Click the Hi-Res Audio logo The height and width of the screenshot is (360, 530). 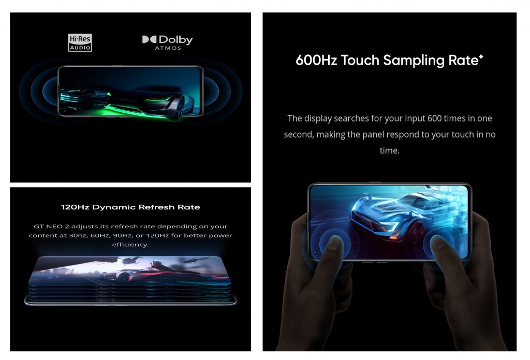pyautogui.click(x=80, y=42)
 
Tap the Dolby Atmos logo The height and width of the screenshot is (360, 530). pyautogui.click(x=168, y=42)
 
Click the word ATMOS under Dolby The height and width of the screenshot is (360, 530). pyautogui.click(x=168, y=48)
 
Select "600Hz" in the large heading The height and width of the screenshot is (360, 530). pyautogui.click(x=316, y=61)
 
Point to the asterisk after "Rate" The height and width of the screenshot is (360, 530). pyautogui.click(x=481, y=57)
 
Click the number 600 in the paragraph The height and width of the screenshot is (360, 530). pyautogui.click(x=434, y=118)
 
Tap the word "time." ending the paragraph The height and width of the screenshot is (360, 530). pyautogui.click(x=389, y=151)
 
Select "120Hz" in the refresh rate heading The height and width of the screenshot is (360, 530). pyautogui.click(x=75, y=207)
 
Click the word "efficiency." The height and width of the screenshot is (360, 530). pyautogui.click(x=130, y=245)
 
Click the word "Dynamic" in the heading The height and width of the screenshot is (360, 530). pyautogui.click(x=113, y=207)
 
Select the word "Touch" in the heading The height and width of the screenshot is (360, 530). pyautogui.click(x=360, y=61)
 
